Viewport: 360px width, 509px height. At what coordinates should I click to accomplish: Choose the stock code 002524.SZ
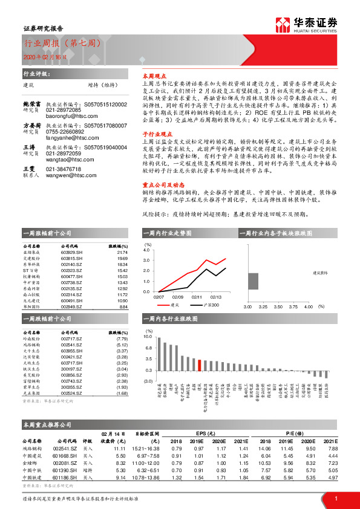tap(72, 394)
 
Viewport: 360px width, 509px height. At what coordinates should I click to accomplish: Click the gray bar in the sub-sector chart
tap(253, 280)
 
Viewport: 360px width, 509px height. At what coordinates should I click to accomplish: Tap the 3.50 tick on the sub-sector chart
tap(278, 306)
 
